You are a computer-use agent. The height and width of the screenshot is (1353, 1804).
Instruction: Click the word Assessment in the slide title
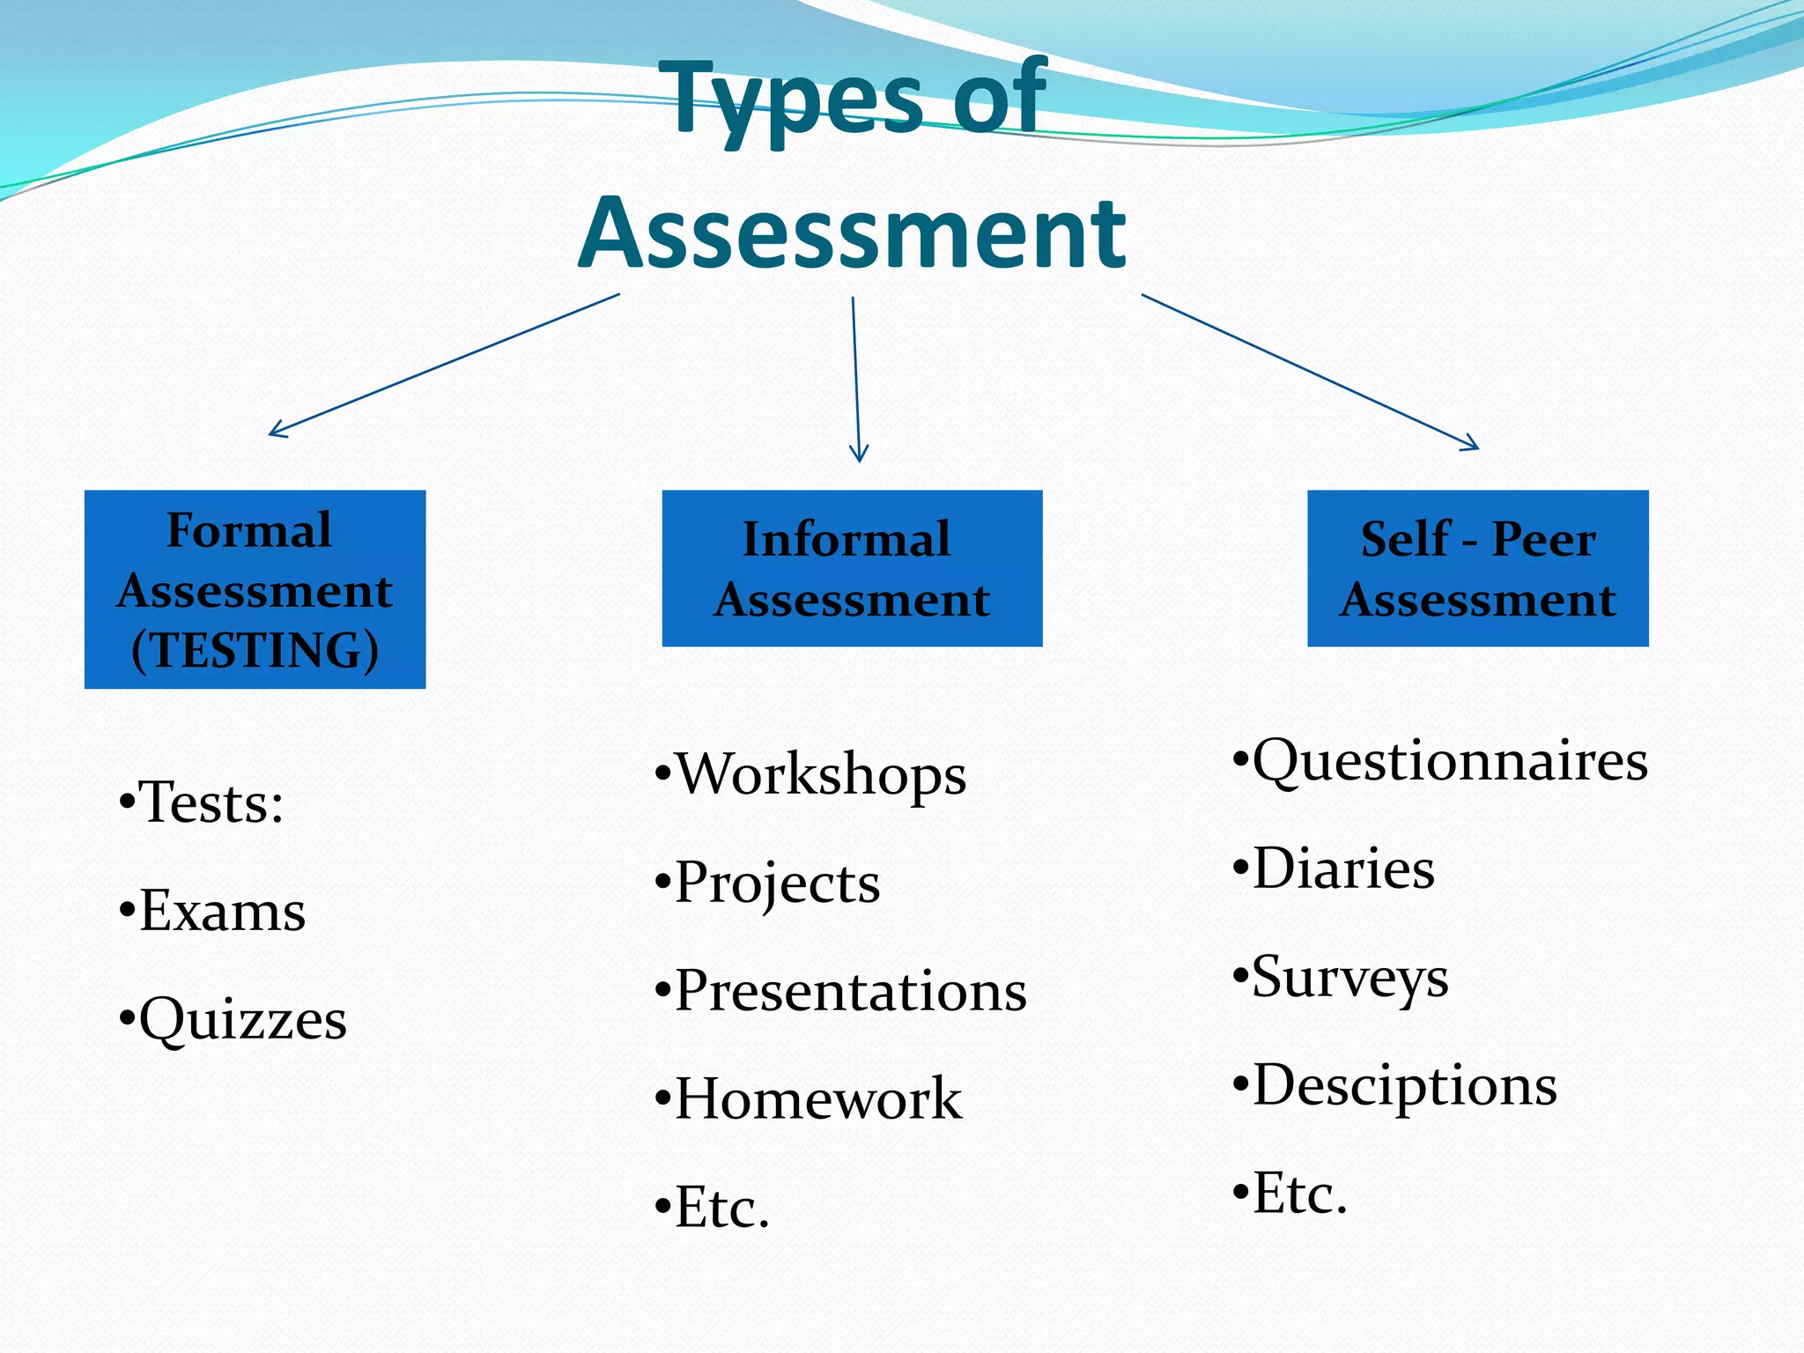[x=852, y=233]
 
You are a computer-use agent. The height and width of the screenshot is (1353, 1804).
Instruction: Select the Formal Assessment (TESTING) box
[x=255, y=589]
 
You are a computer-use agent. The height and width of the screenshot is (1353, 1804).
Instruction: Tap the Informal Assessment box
[x=852, y=568]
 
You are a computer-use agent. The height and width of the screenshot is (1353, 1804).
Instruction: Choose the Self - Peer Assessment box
[x=1477, y=568]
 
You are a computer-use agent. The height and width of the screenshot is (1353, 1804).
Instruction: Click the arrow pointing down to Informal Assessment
[x=855, y=379]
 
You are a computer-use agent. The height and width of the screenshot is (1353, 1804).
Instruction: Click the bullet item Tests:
[x=211, y=802]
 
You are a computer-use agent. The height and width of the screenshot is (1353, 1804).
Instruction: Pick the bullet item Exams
[x=222, y=911]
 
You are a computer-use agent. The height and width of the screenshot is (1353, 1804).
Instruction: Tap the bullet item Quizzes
[x=242, y=1019]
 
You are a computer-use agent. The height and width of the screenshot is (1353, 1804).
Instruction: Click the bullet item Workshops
[x=820, y=774]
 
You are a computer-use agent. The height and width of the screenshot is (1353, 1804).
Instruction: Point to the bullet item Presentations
[x=850, y=991]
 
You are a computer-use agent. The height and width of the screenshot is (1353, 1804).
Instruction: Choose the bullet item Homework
[x=818, y=1099]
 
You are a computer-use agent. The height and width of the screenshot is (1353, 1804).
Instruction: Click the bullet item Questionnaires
[x=1449, y=760]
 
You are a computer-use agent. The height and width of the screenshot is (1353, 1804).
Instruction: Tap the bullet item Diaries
[x=1343, y=869]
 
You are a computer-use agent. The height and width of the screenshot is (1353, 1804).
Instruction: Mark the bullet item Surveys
[x=1349, y=977]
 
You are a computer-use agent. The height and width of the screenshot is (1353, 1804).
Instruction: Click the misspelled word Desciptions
[x=1404, y=1085]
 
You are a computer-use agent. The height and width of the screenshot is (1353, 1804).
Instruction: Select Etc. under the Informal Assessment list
[x=721, y=1208]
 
